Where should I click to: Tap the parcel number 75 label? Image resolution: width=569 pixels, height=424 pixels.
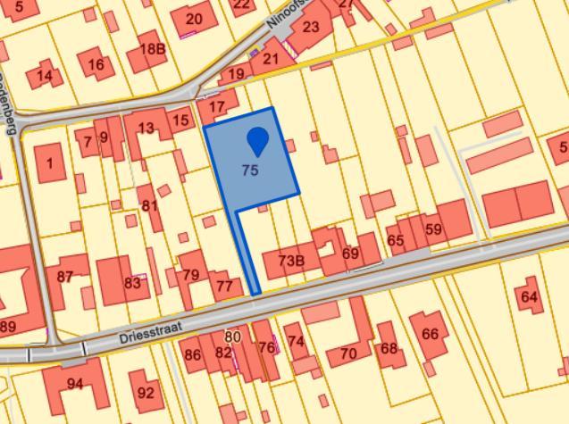pos(250,170)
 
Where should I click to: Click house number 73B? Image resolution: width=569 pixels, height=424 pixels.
pos(291,261)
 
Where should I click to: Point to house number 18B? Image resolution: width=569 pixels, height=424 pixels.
pos(153,49)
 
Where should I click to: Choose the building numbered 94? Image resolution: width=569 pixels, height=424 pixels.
pos(75,384)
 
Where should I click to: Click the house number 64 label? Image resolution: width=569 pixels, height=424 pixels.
pos(529,295)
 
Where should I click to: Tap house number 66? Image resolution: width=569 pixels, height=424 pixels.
pos(430,334)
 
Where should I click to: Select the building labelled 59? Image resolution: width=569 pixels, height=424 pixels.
pos(433,229)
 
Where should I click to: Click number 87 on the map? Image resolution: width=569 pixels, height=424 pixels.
pos(64,277)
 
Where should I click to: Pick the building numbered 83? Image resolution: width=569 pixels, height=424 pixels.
pos(132,283)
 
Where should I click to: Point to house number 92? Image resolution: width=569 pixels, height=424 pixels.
pos(146,392)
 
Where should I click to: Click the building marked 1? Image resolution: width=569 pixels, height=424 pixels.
pos(50,162)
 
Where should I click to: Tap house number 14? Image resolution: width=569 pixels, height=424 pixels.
pos(44,75)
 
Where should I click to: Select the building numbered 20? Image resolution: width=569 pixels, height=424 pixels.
pos(193,19)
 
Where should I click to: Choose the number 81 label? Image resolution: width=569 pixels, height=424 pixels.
pos(149,205)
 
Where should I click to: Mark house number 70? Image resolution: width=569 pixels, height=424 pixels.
pos(348,353)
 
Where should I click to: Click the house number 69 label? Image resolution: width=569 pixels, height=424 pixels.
pos(350,254)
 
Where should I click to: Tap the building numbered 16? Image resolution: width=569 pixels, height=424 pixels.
pos(96,63)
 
